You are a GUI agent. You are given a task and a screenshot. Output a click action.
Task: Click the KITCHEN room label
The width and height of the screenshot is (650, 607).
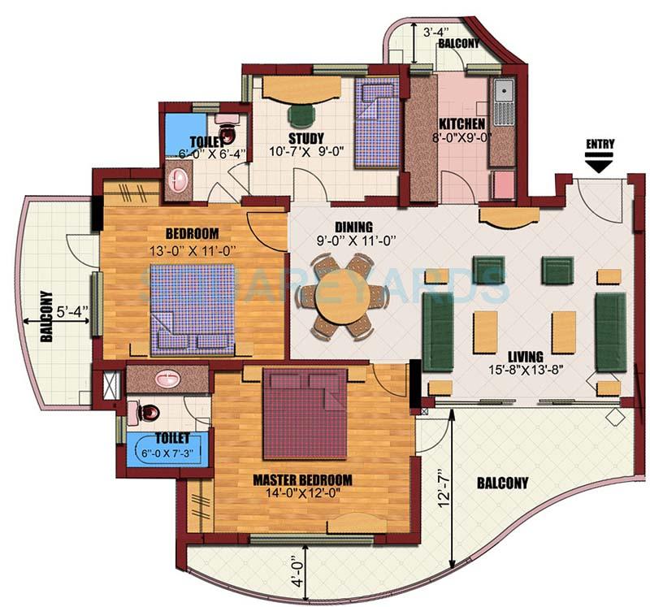[x=462, y=124]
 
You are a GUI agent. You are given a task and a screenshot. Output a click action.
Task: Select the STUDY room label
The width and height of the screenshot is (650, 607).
[x=306, y=137]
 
